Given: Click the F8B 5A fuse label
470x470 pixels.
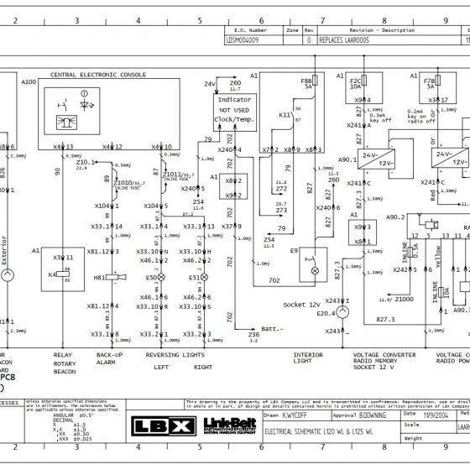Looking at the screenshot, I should tap(307, 82).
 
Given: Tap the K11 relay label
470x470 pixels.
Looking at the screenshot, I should tap(285, 114).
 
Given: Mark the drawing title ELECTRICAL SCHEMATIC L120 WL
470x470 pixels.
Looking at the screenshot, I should tap(319, 430).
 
